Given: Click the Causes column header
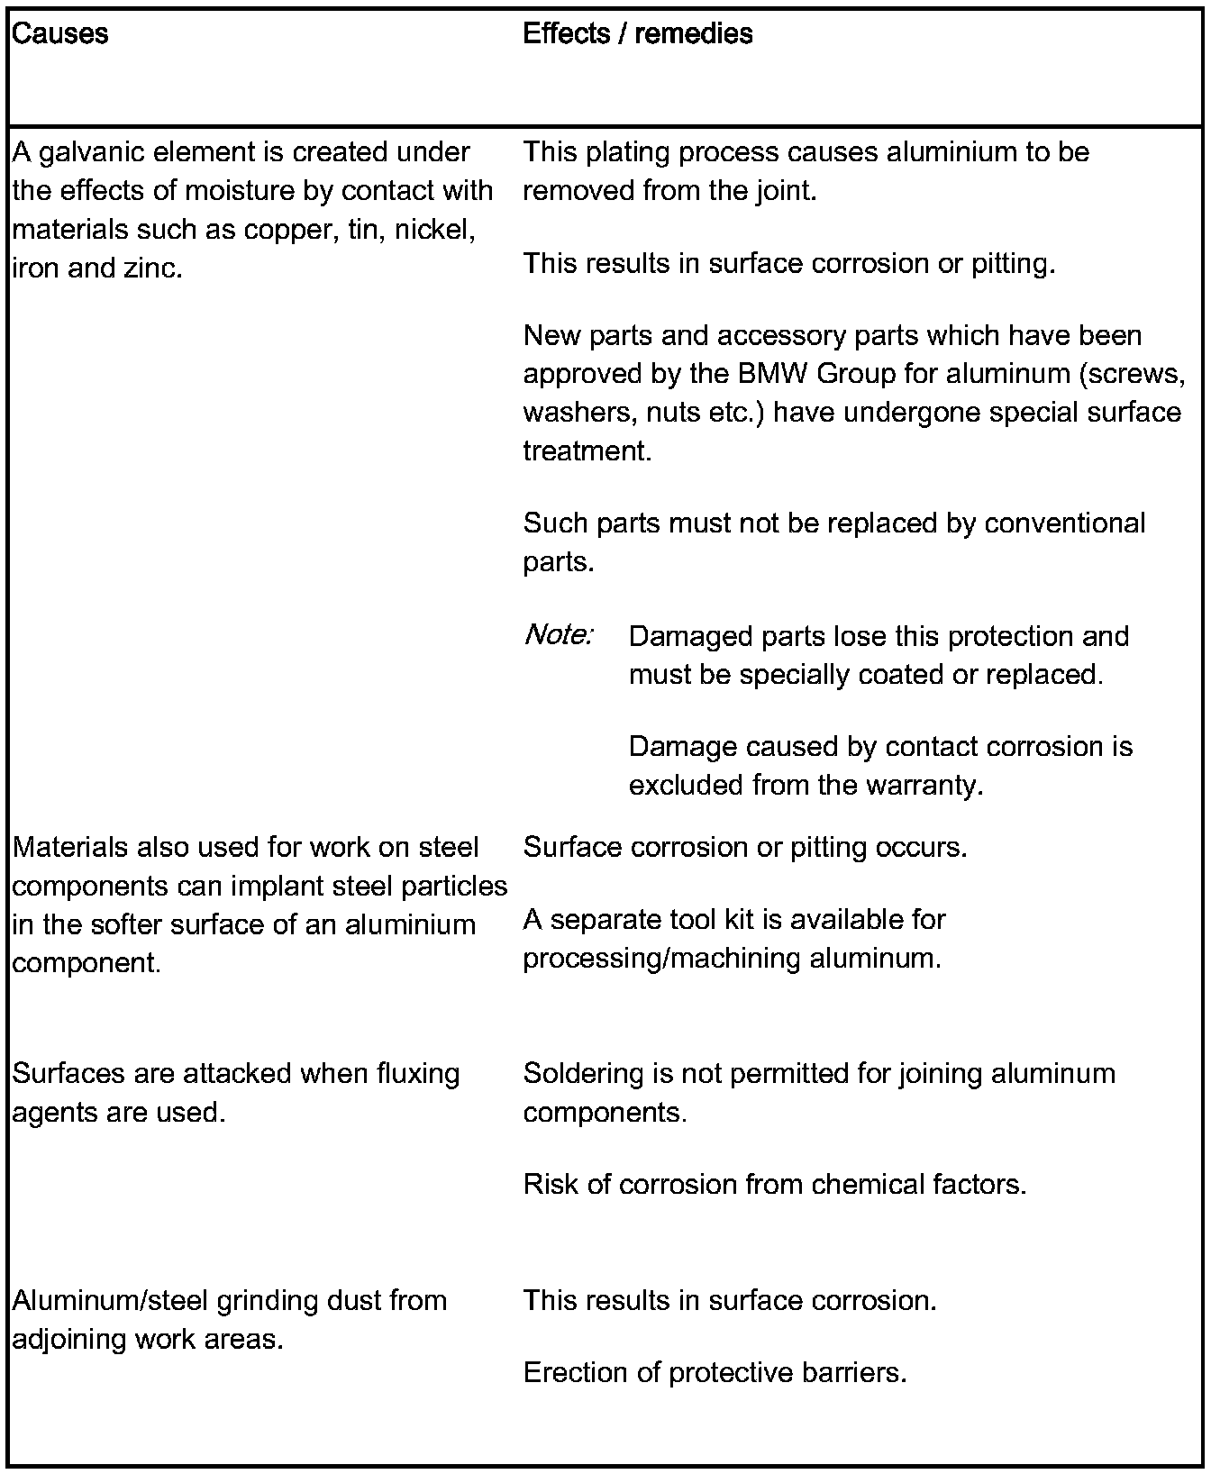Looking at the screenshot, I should click(x=60, y=34).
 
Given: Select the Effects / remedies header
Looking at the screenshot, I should click(x=637, y=34).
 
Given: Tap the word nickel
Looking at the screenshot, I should click(x=436, y=230).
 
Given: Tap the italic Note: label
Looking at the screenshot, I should click(x=559, y=636).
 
